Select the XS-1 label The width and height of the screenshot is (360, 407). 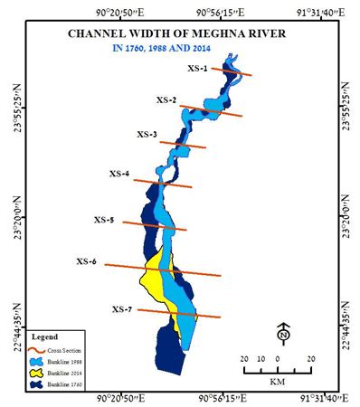click(x=198, y=69)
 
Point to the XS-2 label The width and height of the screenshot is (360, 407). click(x=166, y=99)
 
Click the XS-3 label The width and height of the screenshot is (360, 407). click(x=147, y=135)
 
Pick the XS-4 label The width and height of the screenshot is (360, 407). click(x=119, y=173)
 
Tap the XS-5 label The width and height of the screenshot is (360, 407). click(x=104, y=220)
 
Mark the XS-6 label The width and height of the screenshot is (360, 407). click(x=87, y=261)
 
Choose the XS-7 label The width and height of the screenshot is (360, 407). click(x=122, y=309)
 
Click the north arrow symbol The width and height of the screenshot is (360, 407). click(x=284, y=335)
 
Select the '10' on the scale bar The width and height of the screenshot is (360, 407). click(x=261, y=359)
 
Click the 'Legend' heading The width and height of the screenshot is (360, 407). click(x=45, y=337)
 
